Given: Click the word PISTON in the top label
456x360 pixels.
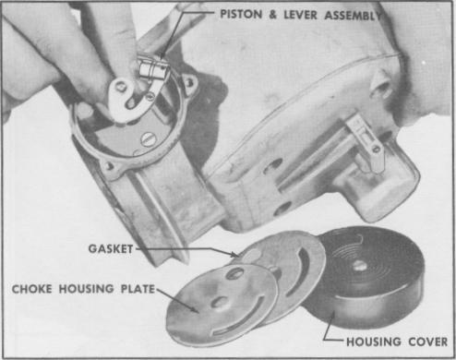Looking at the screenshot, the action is tap(241, 14).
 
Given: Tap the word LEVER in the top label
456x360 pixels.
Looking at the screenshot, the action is tap(300, 15).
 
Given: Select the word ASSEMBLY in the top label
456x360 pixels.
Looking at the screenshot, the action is tap(353, 15).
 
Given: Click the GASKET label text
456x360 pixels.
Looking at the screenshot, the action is tap(111, 248).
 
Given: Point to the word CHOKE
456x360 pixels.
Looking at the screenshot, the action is tap(31, 289).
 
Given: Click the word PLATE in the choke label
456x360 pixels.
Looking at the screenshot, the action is tap(138, 289).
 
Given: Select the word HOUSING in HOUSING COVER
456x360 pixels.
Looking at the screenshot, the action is tap(374, 342).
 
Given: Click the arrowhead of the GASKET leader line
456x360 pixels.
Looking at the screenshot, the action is tap(235, 254).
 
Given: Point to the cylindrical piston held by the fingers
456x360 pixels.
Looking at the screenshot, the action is tap(153, 69).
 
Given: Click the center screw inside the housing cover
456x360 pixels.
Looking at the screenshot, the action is tap(359, 266).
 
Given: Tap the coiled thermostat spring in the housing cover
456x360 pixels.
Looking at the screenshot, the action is tap(357, 258).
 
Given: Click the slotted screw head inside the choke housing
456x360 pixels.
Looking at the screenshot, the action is tap(148, 140).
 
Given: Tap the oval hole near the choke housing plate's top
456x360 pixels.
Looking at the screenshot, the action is tap(235, 273).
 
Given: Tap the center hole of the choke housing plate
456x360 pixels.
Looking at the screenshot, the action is tap(221, 303).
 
